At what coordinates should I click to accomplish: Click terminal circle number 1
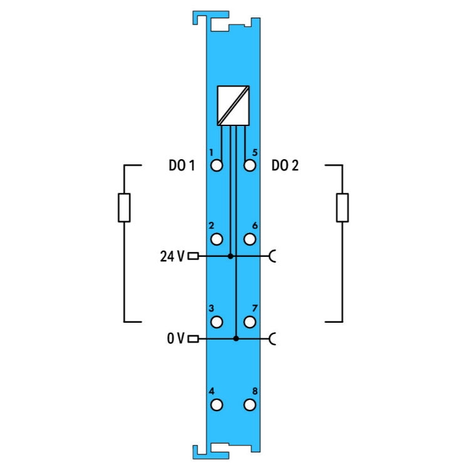click(216, 165)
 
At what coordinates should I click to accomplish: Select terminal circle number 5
click(249, 165)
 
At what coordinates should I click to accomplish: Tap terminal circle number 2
click(216, 239)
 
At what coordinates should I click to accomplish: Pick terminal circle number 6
click(249, 239)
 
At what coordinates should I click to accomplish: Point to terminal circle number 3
click(216, 322)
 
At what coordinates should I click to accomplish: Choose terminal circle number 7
click(249, 322)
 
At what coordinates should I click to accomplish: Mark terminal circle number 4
click(216, 405)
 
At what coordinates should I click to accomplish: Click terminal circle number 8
click(249, 405)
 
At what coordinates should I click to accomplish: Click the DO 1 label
click(182, 165)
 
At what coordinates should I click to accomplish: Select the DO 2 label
click(285, 165)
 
